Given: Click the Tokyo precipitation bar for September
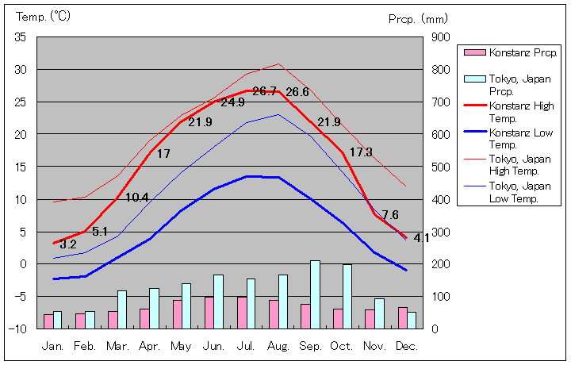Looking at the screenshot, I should pyautogui.click(x=315, y=294).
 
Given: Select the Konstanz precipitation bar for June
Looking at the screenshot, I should pyautogui.click(x=209, y=313).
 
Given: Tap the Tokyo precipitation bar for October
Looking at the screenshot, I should pyautogui.click(x=347, y=296).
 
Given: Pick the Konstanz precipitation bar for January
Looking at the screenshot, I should pyautogui.click(x=48, y=321).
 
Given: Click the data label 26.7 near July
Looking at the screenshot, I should pyautogui.click(x=265, y=91).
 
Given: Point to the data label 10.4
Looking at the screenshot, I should pyautogui.click(x=136, y=198).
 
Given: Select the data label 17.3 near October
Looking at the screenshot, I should pyautogui.click(x=361, y=152).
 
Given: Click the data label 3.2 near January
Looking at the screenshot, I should pyautogui.click(x=68, y=244).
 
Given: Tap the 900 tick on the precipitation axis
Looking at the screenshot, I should pyautogui.click(x=441, y=37).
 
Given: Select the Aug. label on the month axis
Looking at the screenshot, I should pyautogui.click(x=278, y=347).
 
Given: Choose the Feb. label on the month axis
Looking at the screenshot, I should pyautogui.click(x=85, y=347).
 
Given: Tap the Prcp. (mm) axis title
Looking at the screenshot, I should pyautogui.click(x=419, y=18).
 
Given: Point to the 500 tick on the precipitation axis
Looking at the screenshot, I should pyautogui.click(x=441, y=167).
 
